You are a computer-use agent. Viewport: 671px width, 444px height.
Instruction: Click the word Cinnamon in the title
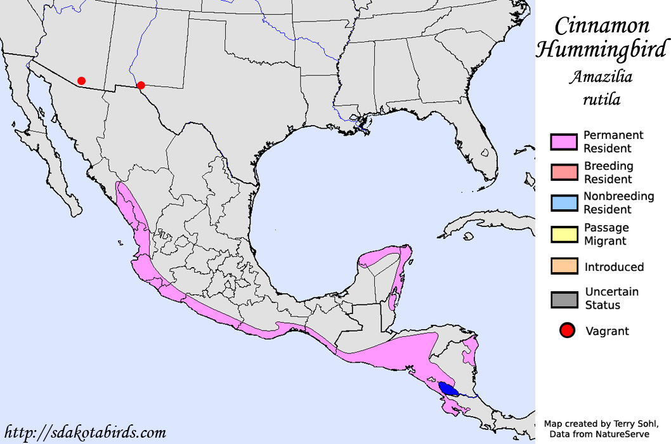pos(602,26)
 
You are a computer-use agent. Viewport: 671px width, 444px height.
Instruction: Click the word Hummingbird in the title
pos(602,49)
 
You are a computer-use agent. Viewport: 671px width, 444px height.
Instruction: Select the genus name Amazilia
pos(601,78)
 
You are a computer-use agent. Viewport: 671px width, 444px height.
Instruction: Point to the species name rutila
pos(603,99)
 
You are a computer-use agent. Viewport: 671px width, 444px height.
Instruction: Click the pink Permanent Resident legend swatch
pos(564,142)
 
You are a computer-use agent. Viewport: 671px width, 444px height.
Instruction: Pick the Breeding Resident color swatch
pos(564,173)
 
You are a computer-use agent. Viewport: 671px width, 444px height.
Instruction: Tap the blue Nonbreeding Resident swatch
pos(564,203)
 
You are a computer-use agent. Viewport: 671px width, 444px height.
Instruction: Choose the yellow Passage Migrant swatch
pos(564,234)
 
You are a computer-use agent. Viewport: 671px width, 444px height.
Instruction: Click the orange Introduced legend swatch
pos(564,266)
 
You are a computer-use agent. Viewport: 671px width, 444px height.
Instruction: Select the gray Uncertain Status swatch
pos(564,299)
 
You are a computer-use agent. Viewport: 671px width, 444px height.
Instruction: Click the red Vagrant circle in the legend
pos(567,330)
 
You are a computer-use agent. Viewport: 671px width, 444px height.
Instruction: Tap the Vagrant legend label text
pos(607,330)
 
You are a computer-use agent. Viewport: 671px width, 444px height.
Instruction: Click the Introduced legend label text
pos(614,267)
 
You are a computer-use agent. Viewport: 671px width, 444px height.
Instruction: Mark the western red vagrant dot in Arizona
pos(81,81)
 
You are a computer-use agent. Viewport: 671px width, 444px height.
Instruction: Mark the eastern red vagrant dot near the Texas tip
pos(141,85)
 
